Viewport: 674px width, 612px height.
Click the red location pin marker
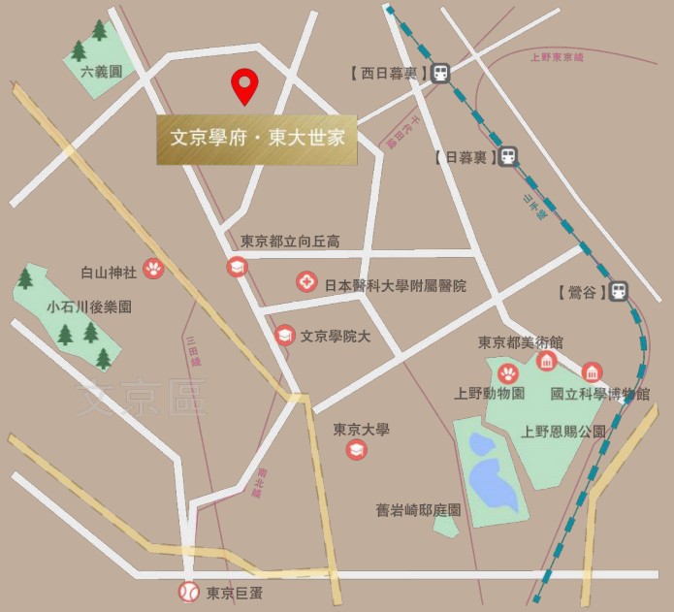point(243,86)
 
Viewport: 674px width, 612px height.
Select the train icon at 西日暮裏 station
point(441,73)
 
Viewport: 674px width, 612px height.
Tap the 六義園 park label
point(101,72)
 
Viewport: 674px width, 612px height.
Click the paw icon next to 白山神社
point(152,269)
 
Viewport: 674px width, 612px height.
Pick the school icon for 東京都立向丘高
point(237,267)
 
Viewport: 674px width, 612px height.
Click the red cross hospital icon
point(305,283)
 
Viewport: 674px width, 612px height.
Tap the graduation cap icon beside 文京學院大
point(284,335)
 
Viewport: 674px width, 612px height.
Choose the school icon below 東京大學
point(357,450)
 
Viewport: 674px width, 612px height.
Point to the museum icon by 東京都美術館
point(546,362)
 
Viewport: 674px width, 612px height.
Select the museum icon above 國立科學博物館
point(591,372)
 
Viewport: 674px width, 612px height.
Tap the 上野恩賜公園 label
point(563,431)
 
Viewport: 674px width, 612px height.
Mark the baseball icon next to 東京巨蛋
point(188,591)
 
